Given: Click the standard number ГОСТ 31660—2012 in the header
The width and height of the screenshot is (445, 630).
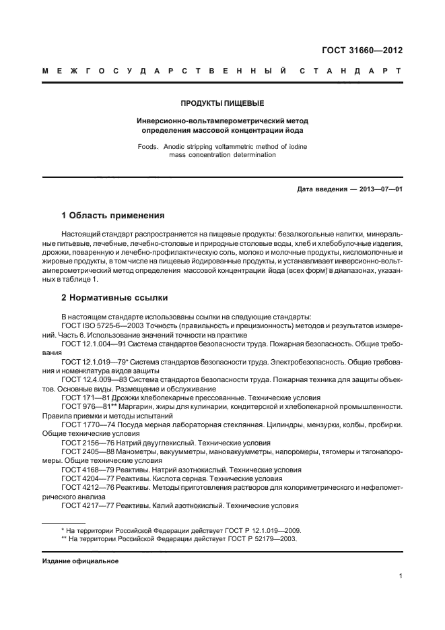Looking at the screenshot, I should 364,50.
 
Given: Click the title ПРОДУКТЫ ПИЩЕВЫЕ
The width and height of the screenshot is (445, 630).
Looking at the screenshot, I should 222,103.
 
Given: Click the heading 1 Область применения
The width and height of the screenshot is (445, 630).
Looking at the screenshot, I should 112,216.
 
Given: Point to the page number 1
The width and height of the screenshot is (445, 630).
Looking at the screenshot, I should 400,576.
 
